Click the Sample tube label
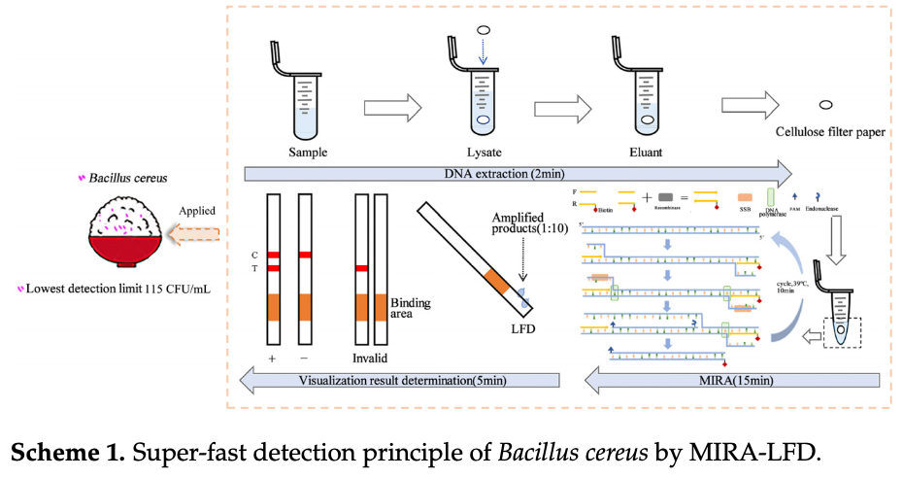[x=308, y=153]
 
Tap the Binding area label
[x=410, y=309]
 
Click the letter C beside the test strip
[x=254, y=255]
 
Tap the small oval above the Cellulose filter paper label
[x=827, y=104]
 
